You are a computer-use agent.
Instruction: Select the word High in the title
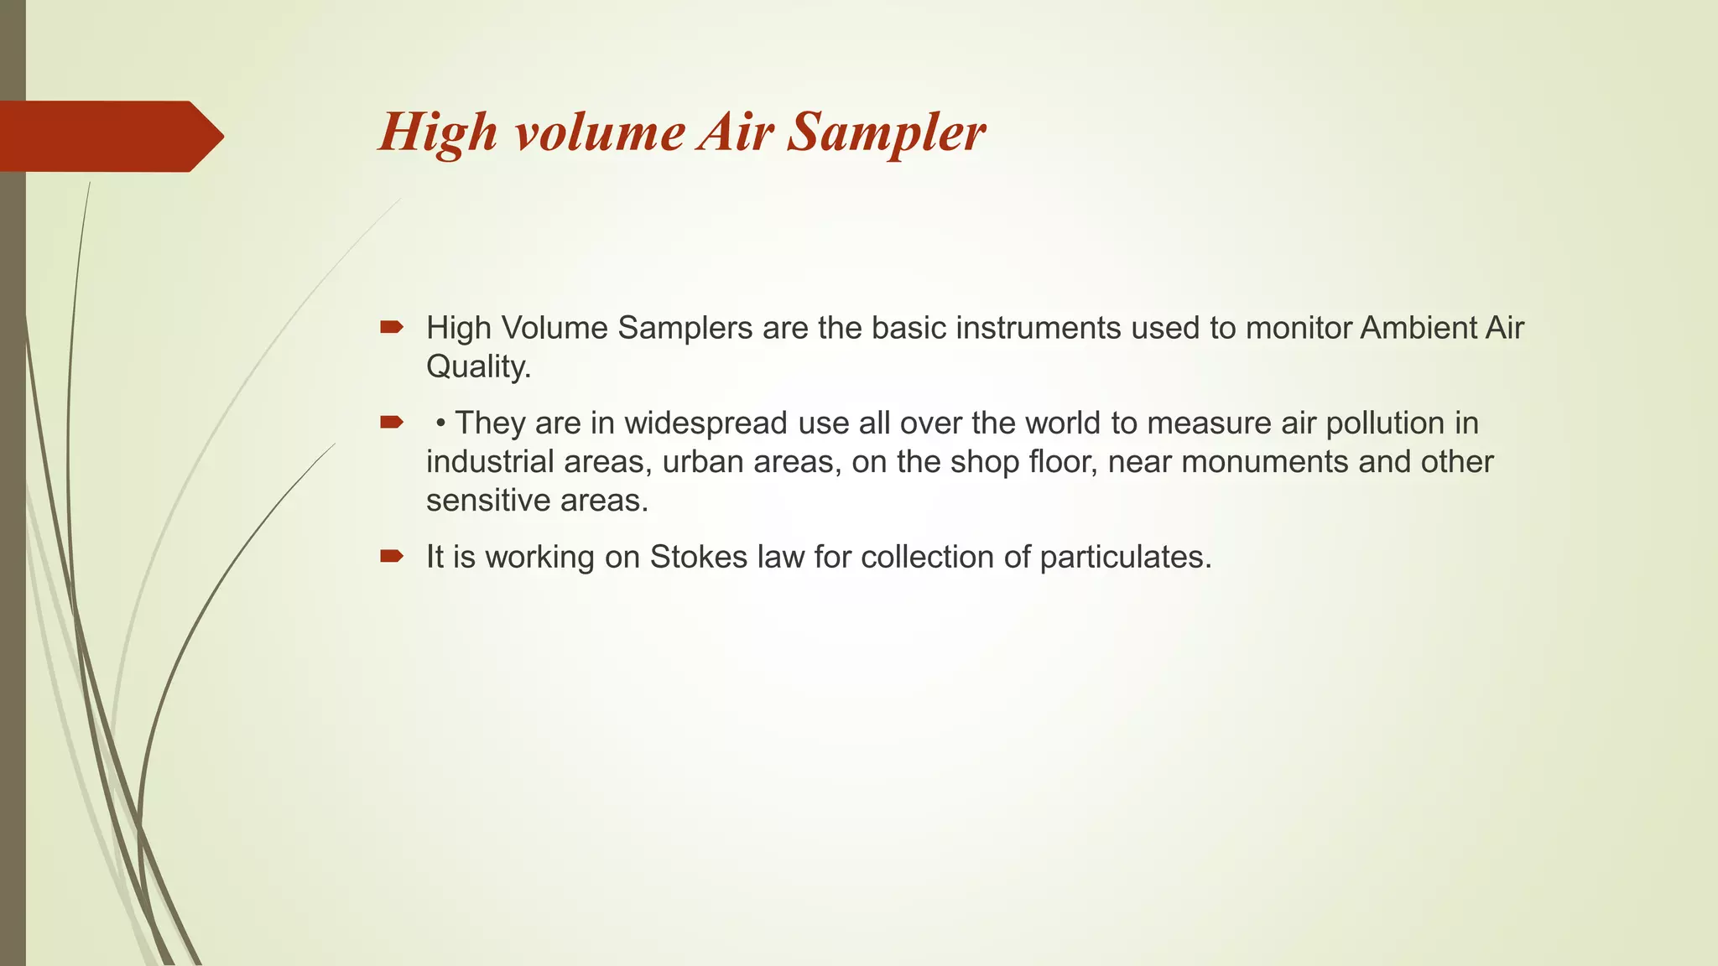tap(438, 132)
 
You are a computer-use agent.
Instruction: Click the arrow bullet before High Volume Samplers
tap(391, 327)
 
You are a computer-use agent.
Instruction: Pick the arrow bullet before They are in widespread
tap(391, 422)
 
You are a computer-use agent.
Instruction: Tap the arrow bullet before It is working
tap(391, 556)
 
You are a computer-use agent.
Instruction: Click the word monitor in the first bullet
tap(1299, 328)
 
